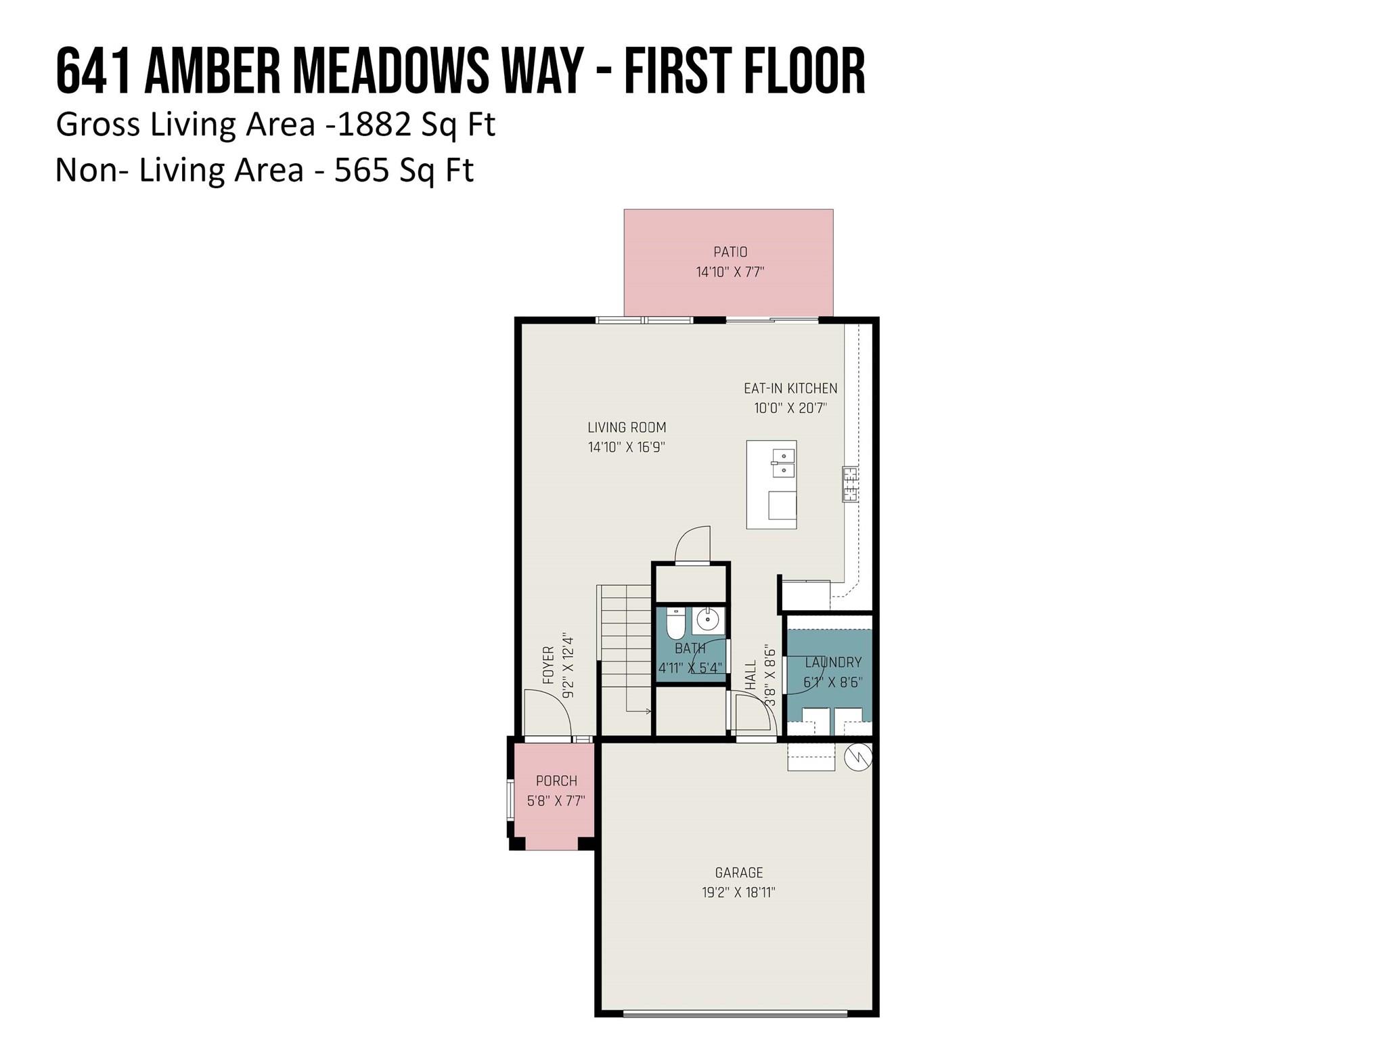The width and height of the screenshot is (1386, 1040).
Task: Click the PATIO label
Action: [730, 252]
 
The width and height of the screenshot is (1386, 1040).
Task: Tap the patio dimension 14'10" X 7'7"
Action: [730, 272]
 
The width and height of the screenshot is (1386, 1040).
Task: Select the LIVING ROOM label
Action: [627, 427]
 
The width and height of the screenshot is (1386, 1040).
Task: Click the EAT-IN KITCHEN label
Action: [790, 388]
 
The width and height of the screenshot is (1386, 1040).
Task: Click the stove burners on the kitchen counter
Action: [850, 484]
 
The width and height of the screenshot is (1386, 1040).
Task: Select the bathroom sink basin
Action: [708, 620]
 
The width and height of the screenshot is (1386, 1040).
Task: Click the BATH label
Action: [690, 648]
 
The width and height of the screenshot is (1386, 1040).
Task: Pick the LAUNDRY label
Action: [833, 662]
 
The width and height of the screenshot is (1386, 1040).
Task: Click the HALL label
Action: [751, 675]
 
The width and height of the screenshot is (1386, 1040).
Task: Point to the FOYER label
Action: [549, 664]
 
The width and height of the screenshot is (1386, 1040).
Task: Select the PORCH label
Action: [556, 781]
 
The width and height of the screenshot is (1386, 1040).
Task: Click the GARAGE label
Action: [739, 873]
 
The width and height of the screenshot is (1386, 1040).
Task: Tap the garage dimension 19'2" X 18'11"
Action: [738, 892]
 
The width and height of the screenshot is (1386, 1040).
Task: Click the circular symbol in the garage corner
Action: [857, 757]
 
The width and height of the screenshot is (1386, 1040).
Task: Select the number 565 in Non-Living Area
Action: [361, 170]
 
